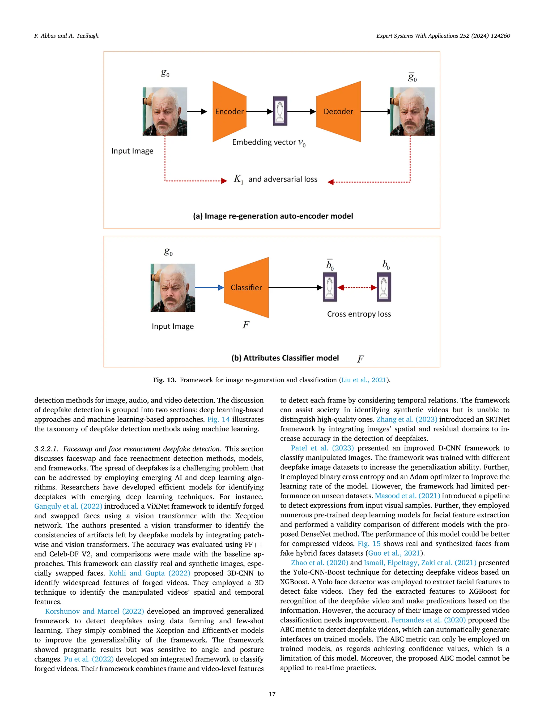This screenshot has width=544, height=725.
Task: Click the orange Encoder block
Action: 229,111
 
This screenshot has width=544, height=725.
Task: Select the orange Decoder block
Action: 338,111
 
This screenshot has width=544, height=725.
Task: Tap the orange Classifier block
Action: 246,288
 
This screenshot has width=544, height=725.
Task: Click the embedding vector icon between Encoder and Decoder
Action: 280,111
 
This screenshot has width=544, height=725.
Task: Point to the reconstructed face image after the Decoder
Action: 412,111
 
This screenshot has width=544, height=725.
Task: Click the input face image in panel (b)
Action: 173,288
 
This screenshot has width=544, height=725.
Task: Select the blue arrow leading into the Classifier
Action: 209,288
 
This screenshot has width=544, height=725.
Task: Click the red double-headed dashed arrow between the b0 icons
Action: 357,288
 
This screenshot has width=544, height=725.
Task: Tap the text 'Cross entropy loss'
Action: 359,314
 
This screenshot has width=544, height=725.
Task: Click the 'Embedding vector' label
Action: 264,142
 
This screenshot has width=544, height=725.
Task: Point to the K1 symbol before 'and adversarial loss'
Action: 238,179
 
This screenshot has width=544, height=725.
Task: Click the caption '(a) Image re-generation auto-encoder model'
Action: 273,216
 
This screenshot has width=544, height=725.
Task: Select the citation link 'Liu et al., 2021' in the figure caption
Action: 364,380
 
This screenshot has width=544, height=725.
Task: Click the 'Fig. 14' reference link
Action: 218,419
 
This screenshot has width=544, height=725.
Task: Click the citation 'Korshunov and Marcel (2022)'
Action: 95,611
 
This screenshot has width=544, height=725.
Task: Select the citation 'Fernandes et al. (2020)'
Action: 428,620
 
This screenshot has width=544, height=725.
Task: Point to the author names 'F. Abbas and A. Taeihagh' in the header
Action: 66,36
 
